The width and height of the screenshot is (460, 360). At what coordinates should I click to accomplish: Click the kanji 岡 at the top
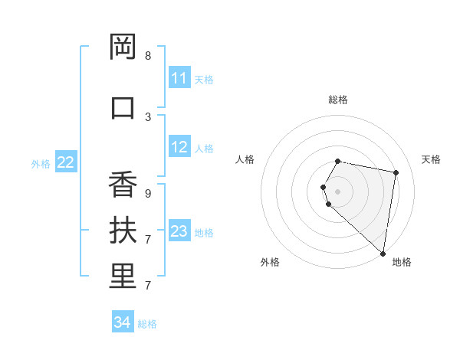123,47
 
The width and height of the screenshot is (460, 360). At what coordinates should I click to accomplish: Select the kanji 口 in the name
123,107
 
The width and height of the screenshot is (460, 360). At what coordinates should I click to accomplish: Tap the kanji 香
123,185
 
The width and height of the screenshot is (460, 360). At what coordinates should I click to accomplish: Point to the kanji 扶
123,231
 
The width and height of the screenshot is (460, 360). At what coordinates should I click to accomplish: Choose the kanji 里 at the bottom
123,277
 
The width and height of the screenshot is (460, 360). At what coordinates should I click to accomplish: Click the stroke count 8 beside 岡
148,56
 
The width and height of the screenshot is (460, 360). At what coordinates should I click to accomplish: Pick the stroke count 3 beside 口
148,116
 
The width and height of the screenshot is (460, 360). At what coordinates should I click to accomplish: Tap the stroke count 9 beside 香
148,193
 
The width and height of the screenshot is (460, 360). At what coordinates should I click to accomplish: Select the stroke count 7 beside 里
148,286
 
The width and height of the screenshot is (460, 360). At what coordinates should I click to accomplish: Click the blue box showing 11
179,78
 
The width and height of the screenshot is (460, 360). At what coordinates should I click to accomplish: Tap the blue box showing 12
179,147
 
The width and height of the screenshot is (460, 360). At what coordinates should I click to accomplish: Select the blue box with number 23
179,231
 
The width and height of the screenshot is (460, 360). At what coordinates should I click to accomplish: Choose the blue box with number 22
66,162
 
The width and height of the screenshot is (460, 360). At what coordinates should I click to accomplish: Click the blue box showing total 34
123,322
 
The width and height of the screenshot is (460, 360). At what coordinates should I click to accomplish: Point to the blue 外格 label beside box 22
41,163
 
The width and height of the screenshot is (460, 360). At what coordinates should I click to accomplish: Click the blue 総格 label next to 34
147,324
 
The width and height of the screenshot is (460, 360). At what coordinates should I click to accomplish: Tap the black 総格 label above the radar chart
338,100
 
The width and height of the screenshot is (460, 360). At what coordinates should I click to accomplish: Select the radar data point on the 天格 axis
396,172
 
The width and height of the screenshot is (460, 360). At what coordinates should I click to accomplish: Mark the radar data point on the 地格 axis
383,253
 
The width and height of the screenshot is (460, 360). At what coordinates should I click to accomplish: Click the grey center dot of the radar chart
338,191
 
